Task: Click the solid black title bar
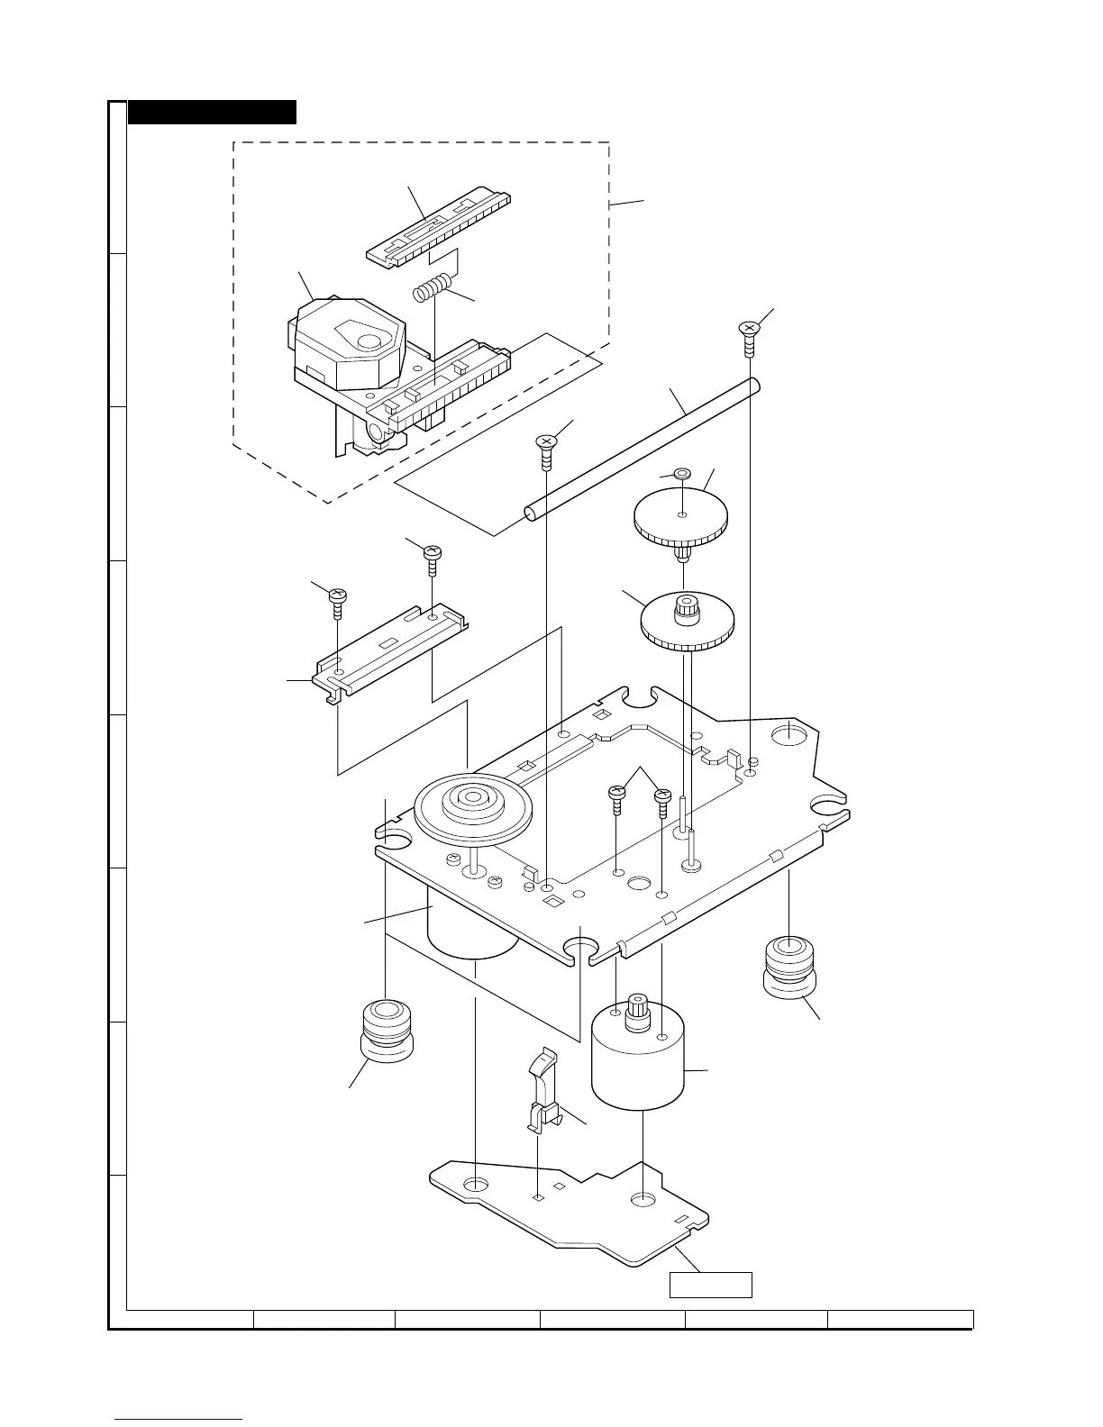[x=212, y=112]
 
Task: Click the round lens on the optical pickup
[x=369, y=341]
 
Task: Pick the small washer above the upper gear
[x=682, y=473]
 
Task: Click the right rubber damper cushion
[x=789, y=966]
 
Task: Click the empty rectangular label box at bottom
[x=710, y=1285]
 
